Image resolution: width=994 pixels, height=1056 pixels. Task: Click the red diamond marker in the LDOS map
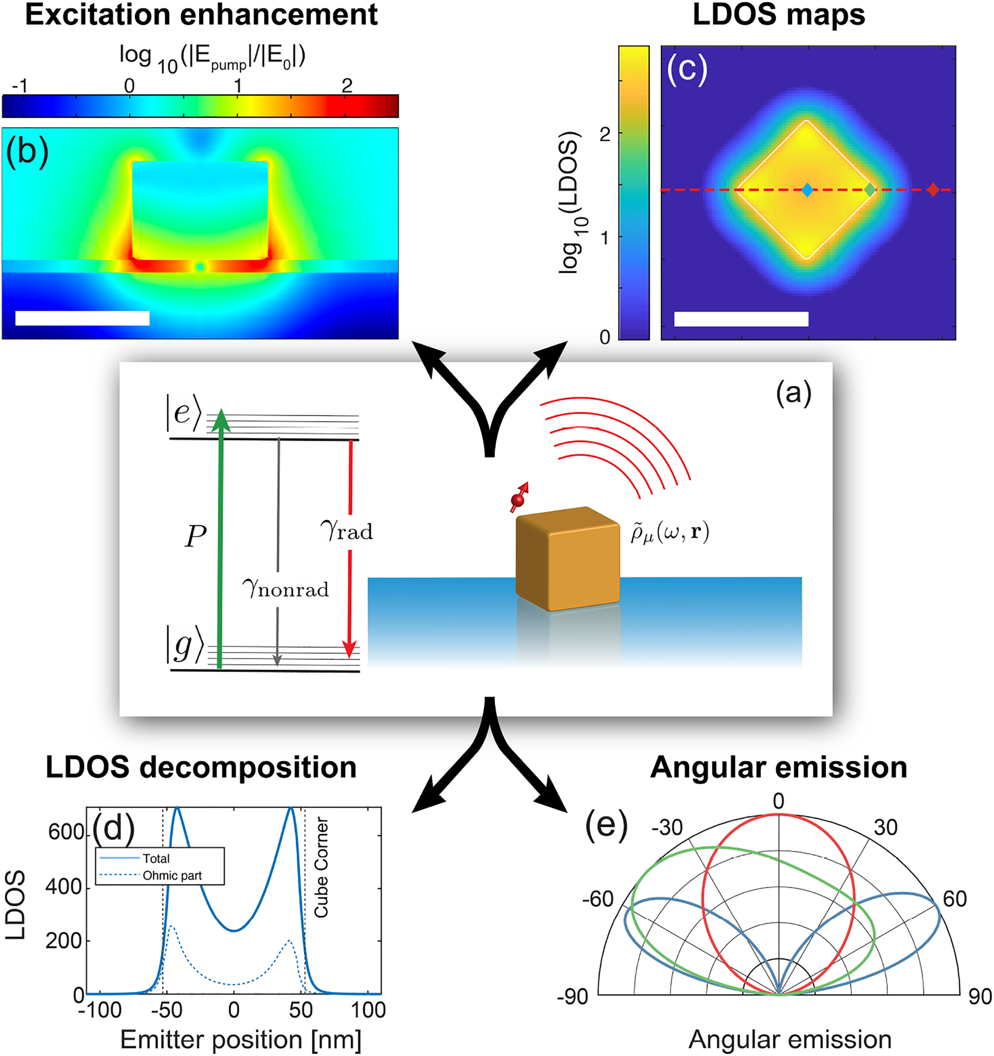coord(933,190)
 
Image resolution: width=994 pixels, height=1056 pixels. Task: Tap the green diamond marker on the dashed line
coord(869,190)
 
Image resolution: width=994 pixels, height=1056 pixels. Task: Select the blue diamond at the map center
coord(807,191)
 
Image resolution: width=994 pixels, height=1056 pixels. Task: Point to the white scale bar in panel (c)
coord(741,319)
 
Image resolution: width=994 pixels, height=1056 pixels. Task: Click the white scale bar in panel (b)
coord(82,318)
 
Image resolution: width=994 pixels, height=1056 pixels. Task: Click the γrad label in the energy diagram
coord(347,530)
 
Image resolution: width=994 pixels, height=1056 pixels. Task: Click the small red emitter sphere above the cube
coord(517,500)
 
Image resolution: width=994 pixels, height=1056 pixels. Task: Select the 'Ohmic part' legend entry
coord(172,876)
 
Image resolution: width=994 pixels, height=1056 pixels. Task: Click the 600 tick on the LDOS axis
coord(65,832)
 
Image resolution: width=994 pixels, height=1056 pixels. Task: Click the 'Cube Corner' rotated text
coord(321,868)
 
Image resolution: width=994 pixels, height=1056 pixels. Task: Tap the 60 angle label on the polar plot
coord(954,899)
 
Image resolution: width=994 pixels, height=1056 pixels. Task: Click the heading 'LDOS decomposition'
coord(201,768)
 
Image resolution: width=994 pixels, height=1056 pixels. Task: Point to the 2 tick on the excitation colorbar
coord(347,86)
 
